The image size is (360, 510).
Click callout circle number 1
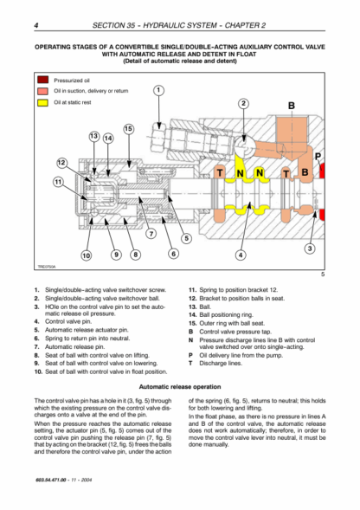[x=158, y=90]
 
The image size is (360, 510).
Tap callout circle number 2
[x=243, y=104]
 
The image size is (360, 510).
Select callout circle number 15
[x=128, y=129]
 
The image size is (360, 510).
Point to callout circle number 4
[x=241, y=255]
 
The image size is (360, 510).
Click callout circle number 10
[x=87, y=255]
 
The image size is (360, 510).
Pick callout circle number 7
[x=151, y=233]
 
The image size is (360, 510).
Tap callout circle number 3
[x=310, y=249]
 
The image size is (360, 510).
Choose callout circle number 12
[x=61, y=163]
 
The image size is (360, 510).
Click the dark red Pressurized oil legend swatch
[x=42, y=80]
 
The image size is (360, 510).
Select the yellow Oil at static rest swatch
[x=42, y=102]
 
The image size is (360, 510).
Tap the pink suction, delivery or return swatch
[x=42, y=91]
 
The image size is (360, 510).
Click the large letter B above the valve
[x=292, y=106]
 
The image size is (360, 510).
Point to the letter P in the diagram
[x=318, y=157]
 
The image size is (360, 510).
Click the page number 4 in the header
[x=36, y=25]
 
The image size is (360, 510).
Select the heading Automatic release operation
[x=180, y=387]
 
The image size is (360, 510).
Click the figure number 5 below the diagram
[x=323, y=274]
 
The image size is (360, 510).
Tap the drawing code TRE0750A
[x=47, y=267]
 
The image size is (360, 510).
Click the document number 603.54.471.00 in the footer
[x=51, y=480]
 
